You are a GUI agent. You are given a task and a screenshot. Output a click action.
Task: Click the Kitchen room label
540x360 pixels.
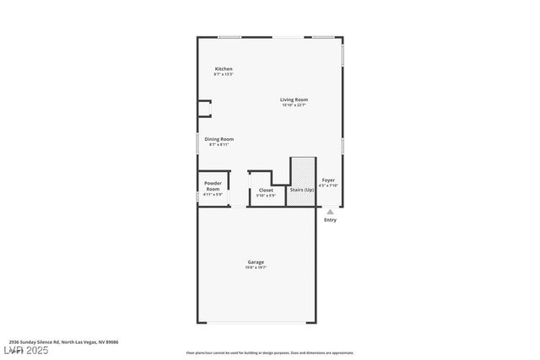(x=224, y=68)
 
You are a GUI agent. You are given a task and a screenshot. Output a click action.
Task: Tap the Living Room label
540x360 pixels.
(x=294, y=99)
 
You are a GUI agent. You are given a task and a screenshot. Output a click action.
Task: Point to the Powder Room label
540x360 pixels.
(x=213, y=185)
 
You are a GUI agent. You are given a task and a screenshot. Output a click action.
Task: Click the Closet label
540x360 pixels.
(x=266, y=191)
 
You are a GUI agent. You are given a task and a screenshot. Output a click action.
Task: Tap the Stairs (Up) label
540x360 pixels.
(x=302, y=191)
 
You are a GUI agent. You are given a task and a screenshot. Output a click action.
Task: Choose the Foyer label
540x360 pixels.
(x=328, y=180)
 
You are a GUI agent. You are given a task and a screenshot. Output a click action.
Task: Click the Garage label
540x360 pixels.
(x=256, y=262)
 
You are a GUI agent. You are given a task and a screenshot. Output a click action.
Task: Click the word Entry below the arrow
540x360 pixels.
(x=330, y=220)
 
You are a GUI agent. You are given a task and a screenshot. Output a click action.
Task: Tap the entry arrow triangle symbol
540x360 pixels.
(x=330, y=212)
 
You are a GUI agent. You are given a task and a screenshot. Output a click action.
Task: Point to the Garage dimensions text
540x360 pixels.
(x=256, y=268)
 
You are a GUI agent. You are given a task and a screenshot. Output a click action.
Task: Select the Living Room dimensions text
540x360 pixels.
(x=294, y=105)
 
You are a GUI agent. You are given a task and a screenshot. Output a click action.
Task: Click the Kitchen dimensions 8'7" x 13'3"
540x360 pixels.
(x=224, y=74)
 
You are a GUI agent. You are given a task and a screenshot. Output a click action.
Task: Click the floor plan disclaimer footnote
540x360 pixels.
(x=270, y=352)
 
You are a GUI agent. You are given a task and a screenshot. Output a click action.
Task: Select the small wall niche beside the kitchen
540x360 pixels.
(x=203, y=108)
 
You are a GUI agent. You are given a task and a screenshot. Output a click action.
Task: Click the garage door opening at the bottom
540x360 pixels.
(x=256, y=323)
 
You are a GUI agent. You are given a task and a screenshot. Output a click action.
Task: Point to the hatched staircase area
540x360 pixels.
(x=302, y=172)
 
